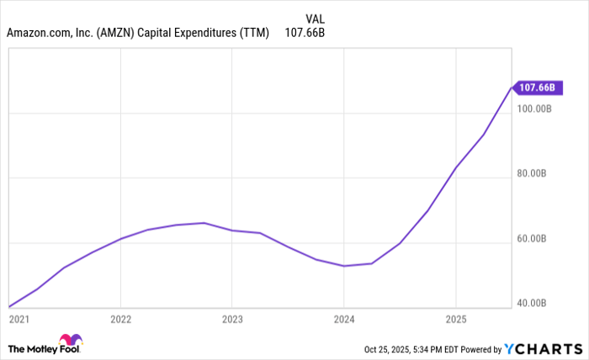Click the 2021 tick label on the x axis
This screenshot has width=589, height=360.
(x=18, y=320)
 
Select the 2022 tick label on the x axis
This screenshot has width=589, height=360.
(x=121, y=320)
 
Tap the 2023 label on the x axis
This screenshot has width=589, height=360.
(x=232, y=320)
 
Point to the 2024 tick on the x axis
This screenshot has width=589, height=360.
(x=344, y=320)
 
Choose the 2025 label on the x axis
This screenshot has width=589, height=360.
(x=455, y=320)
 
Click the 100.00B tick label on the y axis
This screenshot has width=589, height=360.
(x=533, y=109)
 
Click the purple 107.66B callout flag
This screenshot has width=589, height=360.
(x=536, y=86)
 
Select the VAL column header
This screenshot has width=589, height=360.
(x=314, y=18)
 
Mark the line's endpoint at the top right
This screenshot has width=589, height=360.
(x=511, y=87)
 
